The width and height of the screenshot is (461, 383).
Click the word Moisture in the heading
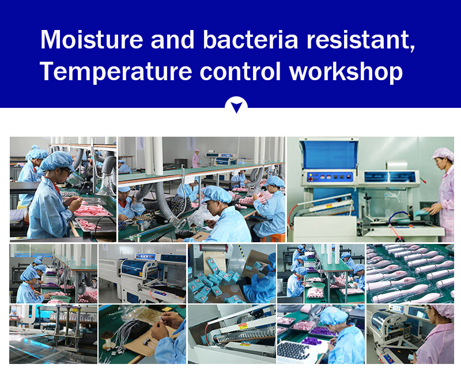(x=92, y=39)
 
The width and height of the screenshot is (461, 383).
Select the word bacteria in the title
(x=251, y=39)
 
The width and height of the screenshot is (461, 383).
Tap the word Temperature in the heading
(x=116, y=72)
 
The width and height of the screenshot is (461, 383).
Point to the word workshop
(x=346, y=72)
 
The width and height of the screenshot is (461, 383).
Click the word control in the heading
(x=240, y=72)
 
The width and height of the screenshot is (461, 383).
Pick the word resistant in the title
(x=361, y=40)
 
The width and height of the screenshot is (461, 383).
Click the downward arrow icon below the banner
(x=236, y=107)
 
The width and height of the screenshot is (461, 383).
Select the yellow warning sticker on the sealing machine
(x=244, y=325)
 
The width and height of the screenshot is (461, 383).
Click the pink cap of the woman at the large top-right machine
(x=443, y=153)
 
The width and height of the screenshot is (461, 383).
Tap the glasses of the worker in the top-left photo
(x=67, y=171)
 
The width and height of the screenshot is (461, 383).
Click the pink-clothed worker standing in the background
(x=196, y=159)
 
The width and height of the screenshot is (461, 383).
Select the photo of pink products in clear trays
(x=410, y=273)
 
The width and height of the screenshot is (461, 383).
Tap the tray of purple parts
(x=322, y=331)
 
